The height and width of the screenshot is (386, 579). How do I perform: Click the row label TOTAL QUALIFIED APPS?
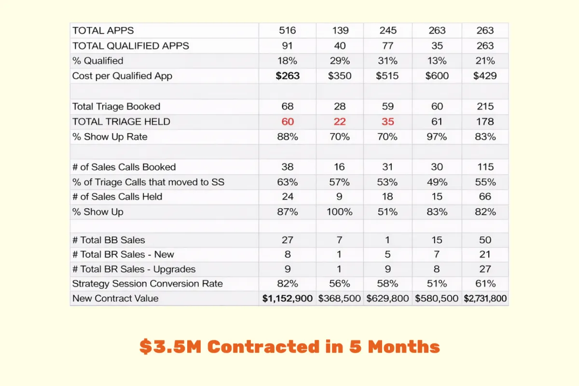click(130, 46)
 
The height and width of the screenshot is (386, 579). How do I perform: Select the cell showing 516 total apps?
click(288, 31)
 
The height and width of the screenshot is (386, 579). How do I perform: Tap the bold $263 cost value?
click(288, 76)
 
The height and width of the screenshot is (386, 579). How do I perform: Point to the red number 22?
click(340, 122)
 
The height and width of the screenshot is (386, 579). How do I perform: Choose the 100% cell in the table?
click(340, 212)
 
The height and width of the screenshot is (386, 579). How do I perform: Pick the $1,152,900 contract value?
click(288, 298)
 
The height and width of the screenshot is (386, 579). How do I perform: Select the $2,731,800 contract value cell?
click(485, 298)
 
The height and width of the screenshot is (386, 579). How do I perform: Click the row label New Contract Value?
click(115, 298)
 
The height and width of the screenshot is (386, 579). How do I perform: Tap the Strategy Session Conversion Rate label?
click(147, 284)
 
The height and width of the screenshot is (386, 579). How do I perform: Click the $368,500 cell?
click(340, 298)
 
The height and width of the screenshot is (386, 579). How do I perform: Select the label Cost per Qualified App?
click(122, 76)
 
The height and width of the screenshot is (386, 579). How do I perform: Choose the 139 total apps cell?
click(340, 31)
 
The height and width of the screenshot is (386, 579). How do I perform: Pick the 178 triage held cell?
click(485, 122)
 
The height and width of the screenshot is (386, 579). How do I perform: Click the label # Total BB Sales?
click(109, 240)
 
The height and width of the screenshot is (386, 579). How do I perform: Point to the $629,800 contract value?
click(388, 298)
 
